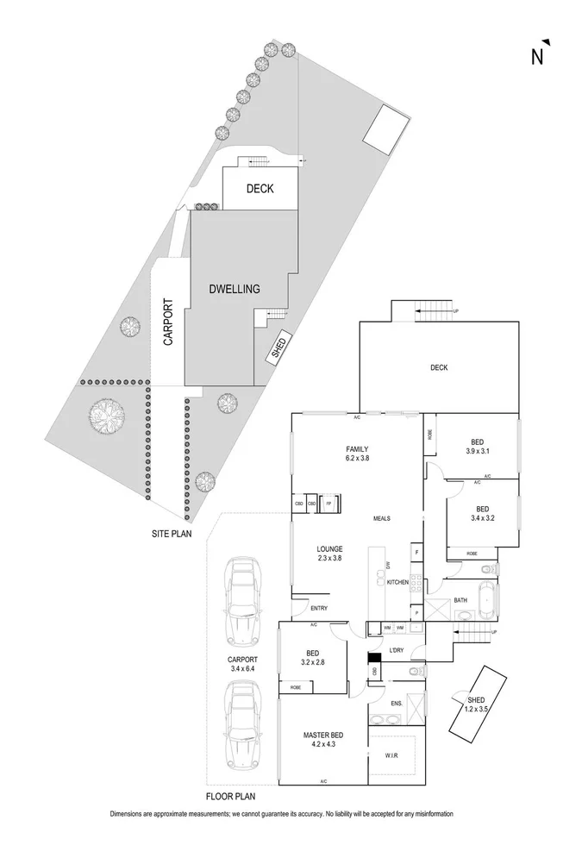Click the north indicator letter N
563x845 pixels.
pos(536,58)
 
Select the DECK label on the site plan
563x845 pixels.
pos(260,188)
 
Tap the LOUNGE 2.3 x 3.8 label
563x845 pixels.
pos(329,554)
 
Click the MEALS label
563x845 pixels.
pos(383,519)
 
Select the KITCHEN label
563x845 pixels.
pos(397,583)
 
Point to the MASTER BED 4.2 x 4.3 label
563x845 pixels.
pos(323,740)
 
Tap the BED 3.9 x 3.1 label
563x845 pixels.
pos(477,445)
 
